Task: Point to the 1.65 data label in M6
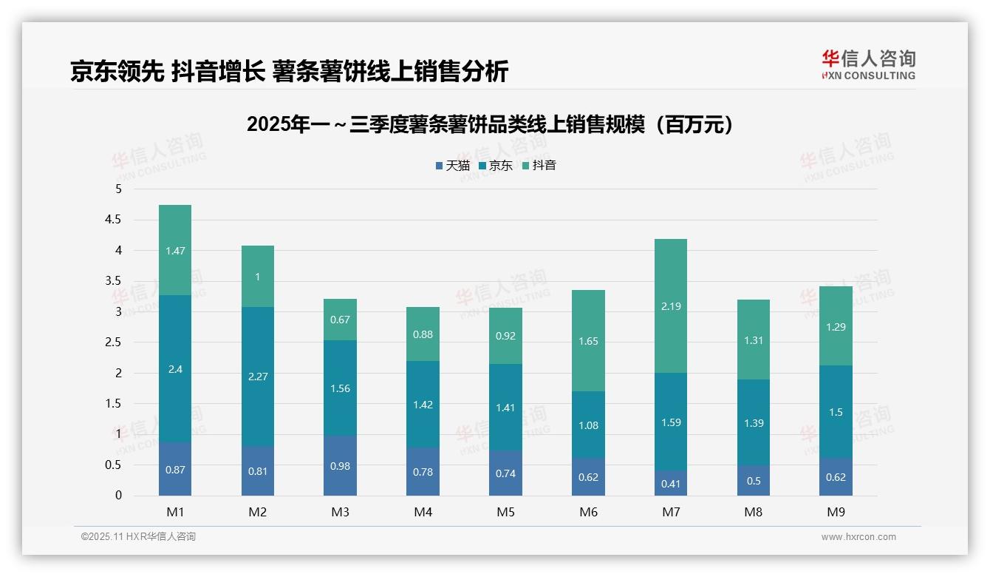[588, 342]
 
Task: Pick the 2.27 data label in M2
[258, 377]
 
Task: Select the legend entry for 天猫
[452, 166]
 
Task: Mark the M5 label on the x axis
[505, 512]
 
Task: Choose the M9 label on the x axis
[836, 512]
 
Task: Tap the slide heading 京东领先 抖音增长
[289, 72]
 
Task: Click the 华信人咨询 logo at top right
[868, 65]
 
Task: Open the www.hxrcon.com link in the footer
[858, 537]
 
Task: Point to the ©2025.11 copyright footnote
[138, 537]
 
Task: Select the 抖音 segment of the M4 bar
[423, 334]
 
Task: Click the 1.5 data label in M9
[836, 412]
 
